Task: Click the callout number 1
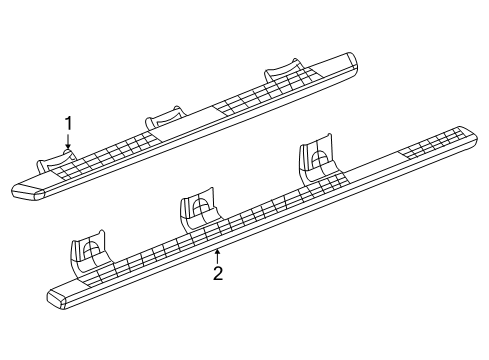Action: [69, 123]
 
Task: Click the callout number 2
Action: [217, 272]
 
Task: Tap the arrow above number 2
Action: [217, 254]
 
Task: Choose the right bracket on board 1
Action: [284, 74]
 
